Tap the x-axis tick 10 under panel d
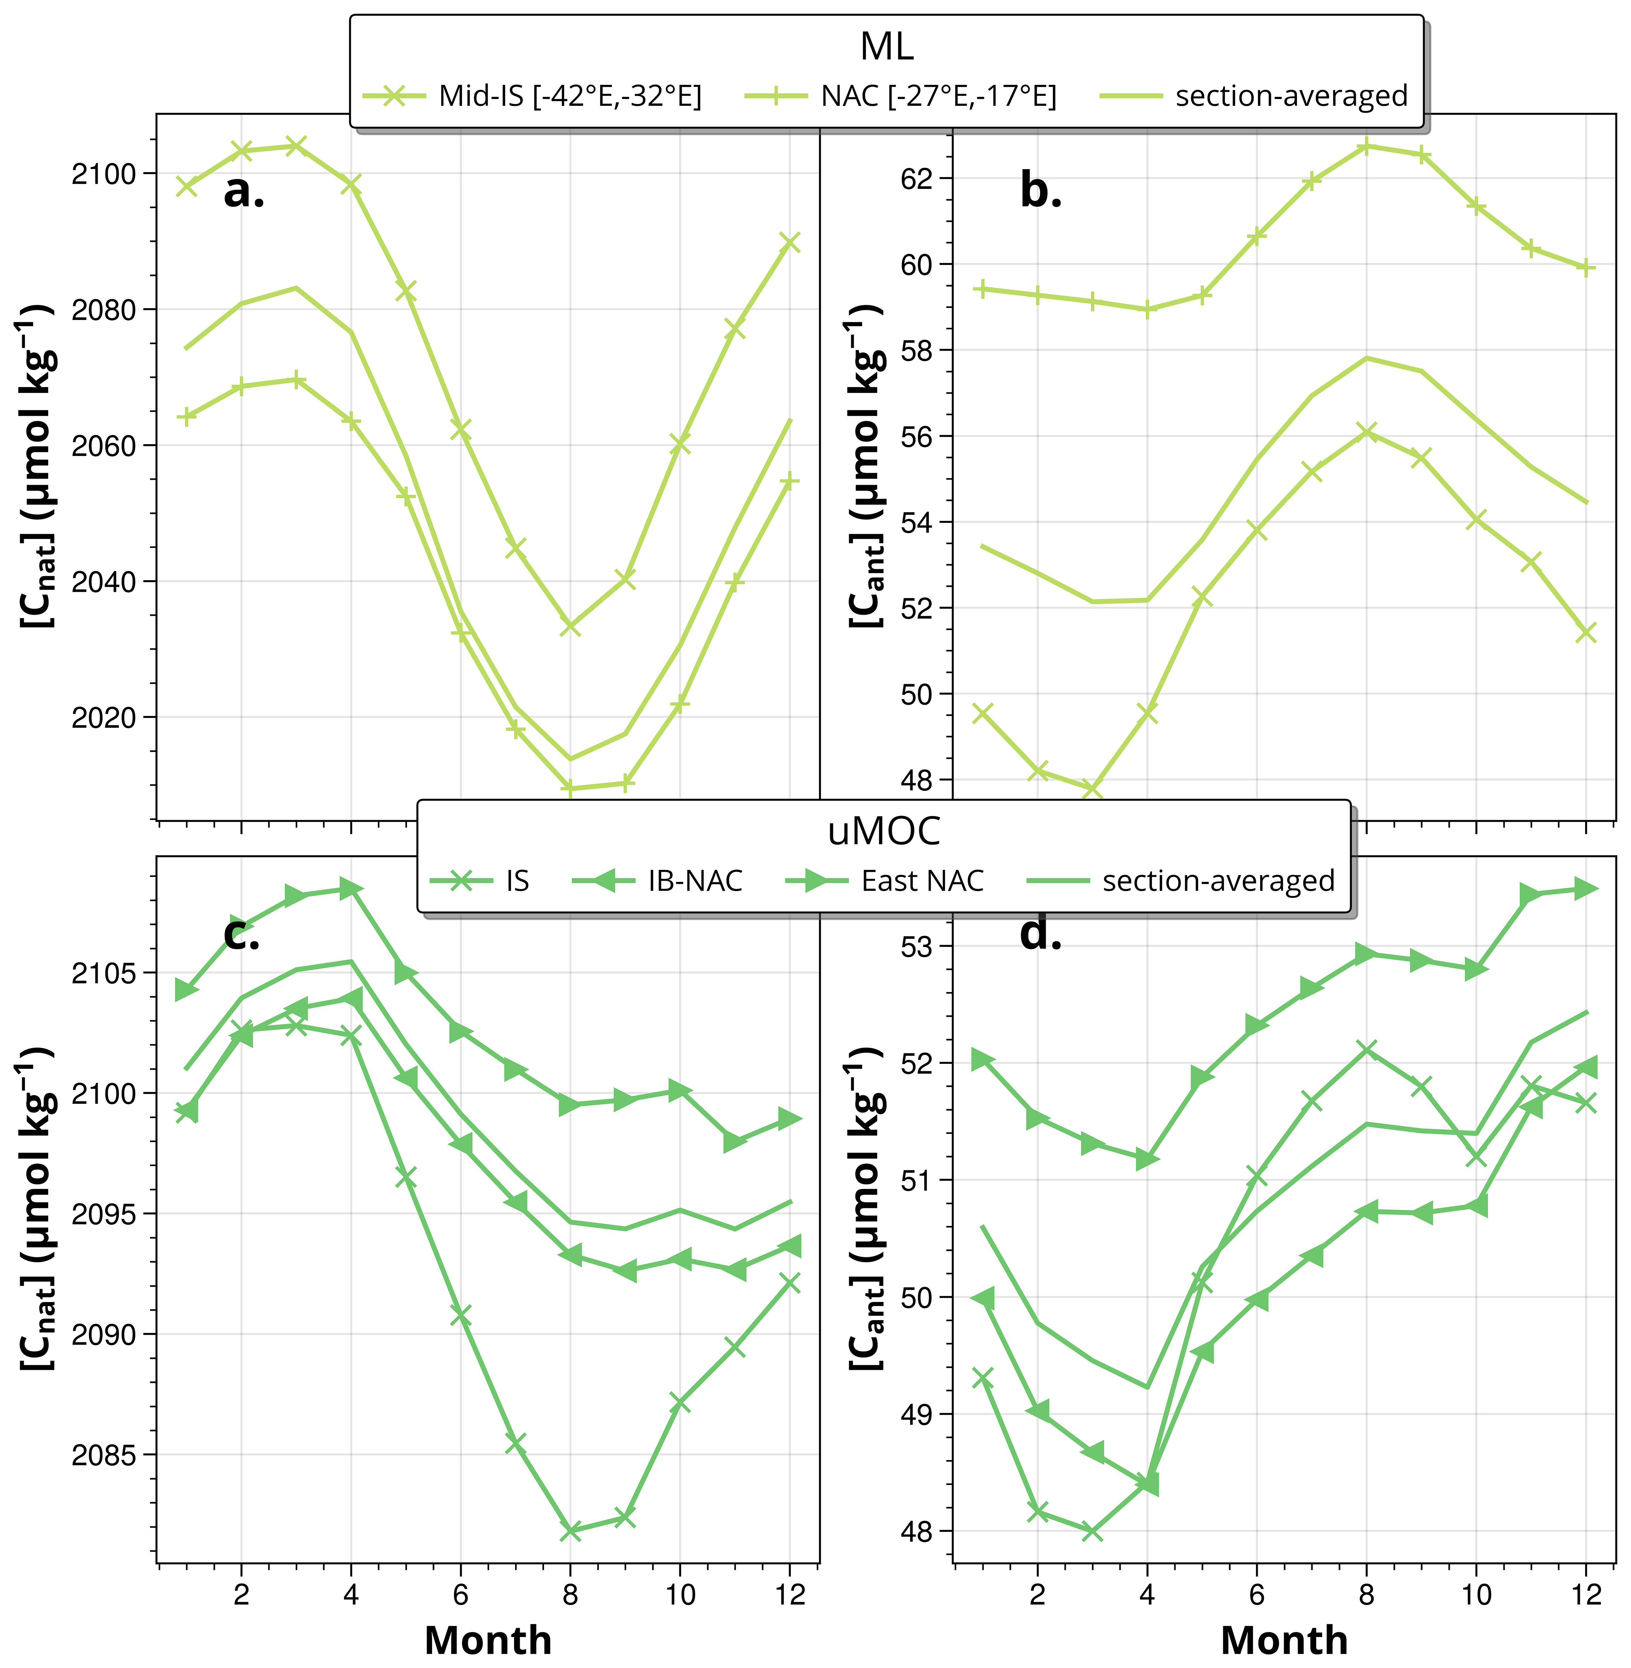pyautogui.click(x=1476, y=1594)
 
